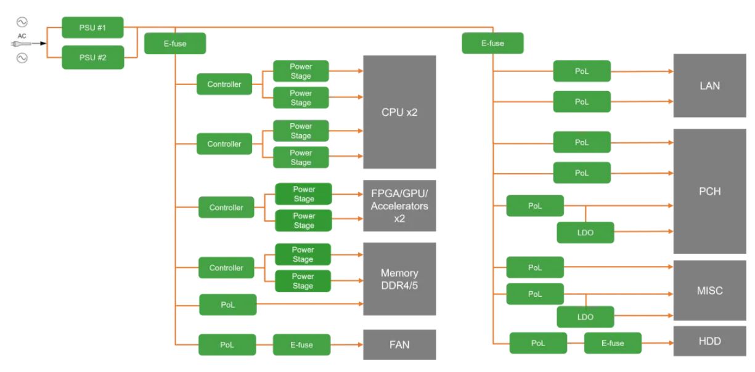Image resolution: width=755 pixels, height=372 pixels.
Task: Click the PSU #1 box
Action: tap(92, 28)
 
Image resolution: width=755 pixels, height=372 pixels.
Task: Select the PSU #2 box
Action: tap(92, 57)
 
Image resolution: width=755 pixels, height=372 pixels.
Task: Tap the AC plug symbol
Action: tap(20, 43)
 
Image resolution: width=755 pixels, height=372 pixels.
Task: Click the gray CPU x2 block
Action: tap(399, 112)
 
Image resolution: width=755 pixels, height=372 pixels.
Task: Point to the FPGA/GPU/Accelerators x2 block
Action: tap(399, 205)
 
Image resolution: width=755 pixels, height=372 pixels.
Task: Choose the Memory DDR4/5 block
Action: tap(399, 278)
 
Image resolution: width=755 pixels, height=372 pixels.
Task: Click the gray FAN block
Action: tap(399, 345)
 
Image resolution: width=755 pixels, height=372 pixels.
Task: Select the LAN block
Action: tap(709, 86)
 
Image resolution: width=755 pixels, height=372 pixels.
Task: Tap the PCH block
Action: tap(709, 191)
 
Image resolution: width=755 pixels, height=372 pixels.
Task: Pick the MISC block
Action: tap(709, 290)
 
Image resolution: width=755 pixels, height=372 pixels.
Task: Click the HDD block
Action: tap(709, 341)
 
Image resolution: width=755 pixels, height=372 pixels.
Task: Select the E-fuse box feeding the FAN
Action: tap(301, 345)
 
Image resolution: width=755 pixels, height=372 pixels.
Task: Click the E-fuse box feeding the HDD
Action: tap(613, 343)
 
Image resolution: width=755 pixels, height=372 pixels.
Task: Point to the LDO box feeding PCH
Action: tap(586, 232)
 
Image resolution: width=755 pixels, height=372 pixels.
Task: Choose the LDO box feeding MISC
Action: tap(586, 317)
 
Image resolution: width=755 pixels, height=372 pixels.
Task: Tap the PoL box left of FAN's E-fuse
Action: tap(227, 345)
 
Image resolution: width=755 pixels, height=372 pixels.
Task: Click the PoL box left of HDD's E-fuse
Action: tap(538, 343)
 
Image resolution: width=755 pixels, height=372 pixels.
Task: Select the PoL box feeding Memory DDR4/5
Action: tap(227, 304)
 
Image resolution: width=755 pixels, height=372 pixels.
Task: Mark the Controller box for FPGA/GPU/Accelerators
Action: tap(226, 208)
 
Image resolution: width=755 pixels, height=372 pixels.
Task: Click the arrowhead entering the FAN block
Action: tap(360, 345)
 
